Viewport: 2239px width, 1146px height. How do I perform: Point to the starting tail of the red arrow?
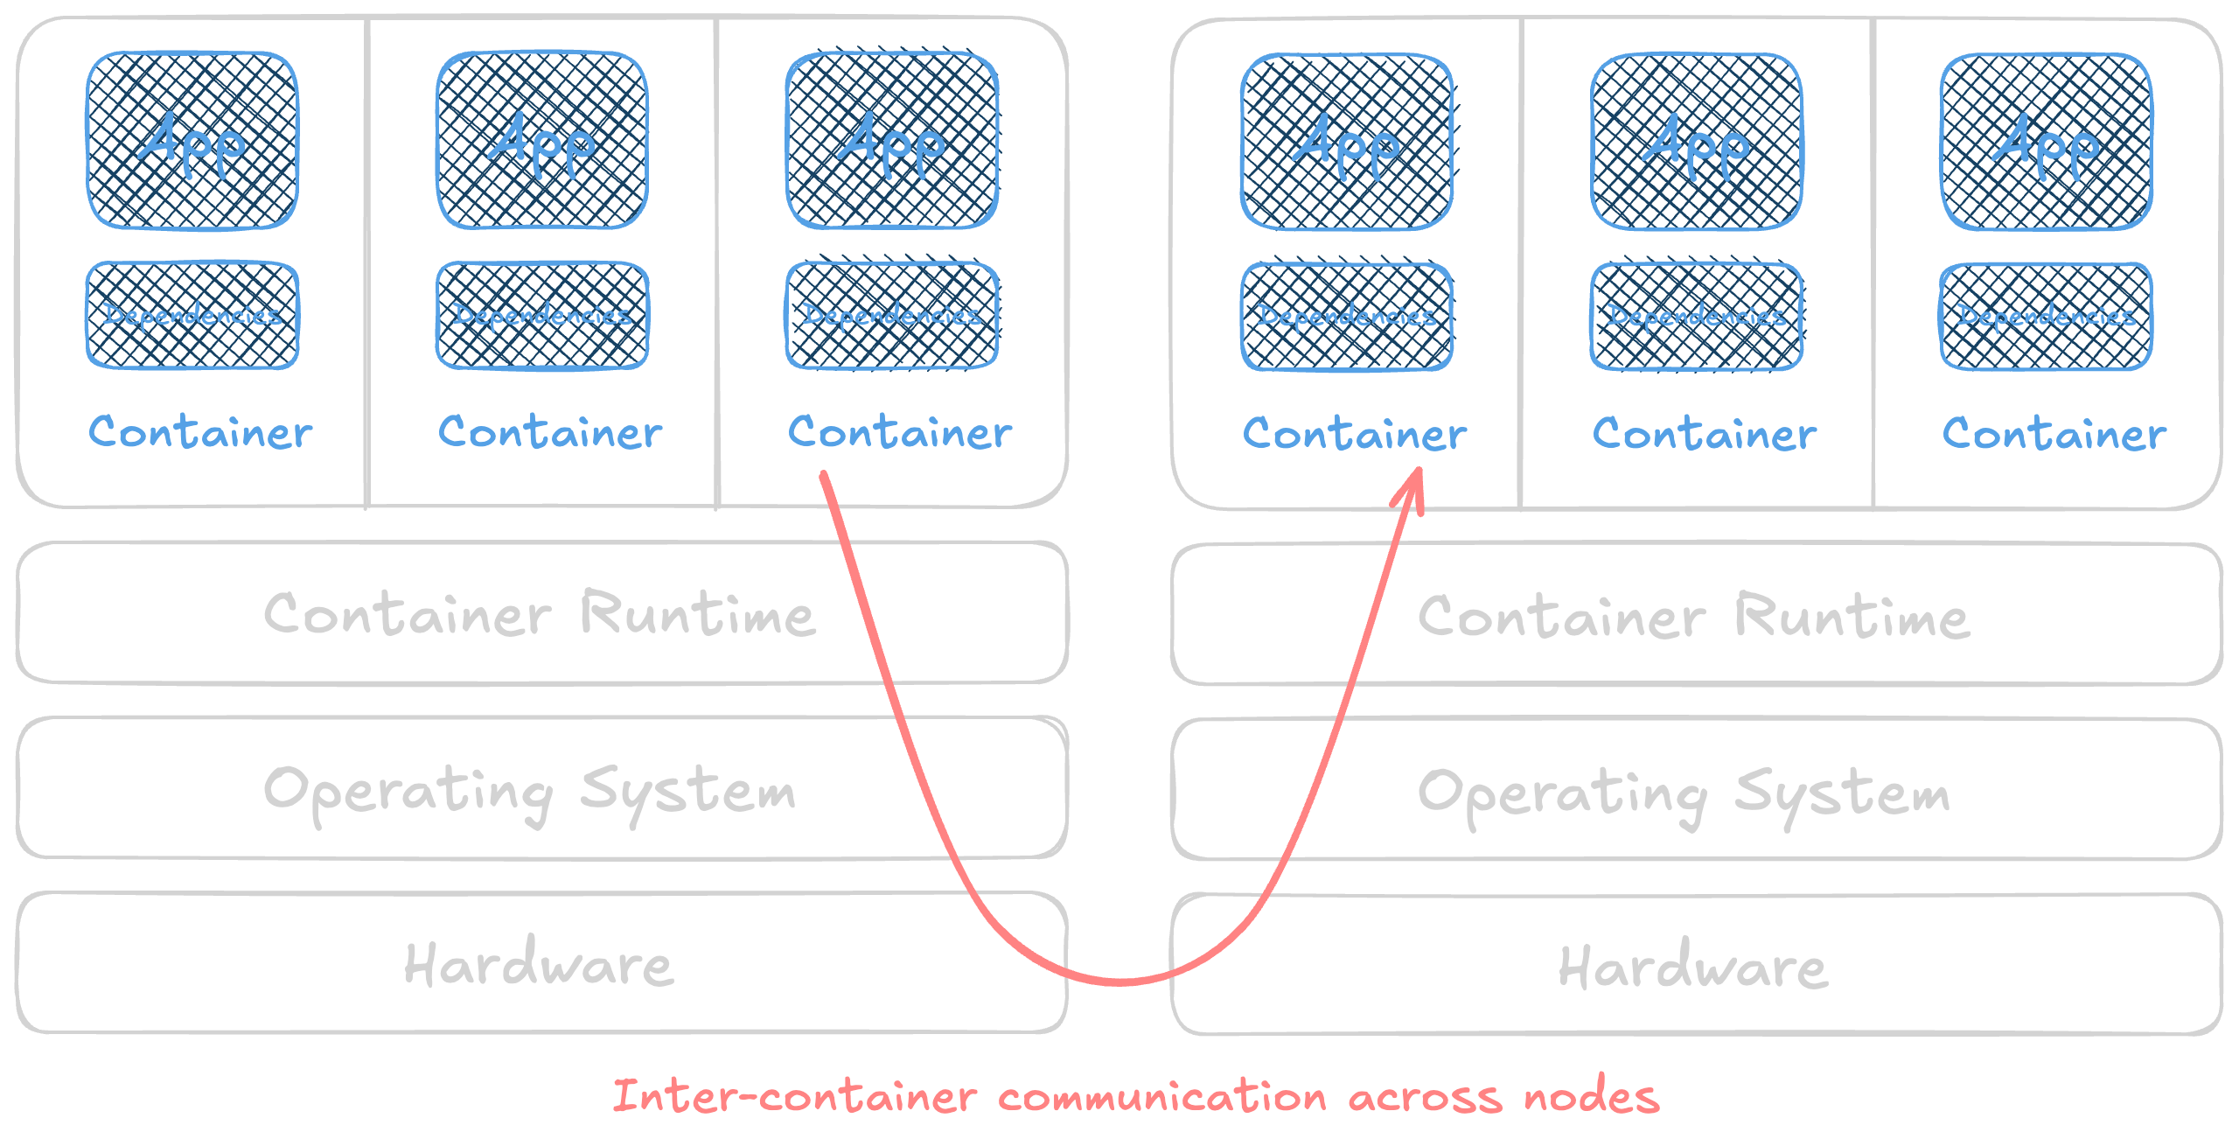coord(823,477)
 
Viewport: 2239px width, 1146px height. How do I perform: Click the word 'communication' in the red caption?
coord(1162,1097)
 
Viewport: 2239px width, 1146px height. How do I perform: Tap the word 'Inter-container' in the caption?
coord(794,1097)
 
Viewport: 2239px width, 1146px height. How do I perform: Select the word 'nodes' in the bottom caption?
coord(1591,1097)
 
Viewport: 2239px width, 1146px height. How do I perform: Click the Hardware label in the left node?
coord(539,965)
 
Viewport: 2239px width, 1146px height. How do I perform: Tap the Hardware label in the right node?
coord(1693,967)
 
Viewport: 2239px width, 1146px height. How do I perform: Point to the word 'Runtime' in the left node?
coord(698,614)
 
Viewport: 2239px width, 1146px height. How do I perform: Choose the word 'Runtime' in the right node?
coord(1852,617)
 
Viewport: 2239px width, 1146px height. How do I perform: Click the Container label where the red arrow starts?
coord(900,432)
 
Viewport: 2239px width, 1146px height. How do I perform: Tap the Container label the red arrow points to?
coord(1355,434)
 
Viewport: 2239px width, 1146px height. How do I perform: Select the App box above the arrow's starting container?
coord(892,141)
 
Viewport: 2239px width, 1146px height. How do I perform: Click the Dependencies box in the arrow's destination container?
coord(1347,317)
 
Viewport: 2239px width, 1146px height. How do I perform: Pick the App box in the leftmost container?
coord(192,141)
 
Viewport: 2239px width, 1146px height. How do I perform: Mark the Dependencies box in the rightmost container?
coord(2047,317)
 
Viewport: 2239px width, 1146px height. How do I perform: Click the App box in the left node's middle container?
coord(542,141)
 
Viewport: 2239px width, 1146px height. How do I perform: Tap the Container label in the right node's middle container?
coord(1705,434)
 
